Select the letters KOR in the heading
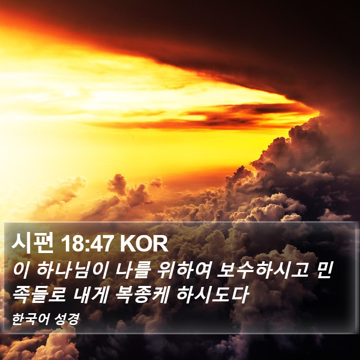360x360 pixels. (x=144, y=244)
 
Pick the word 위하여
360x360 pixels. (x=183, y=270)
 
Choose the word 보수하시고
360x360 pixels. (x=262, y=270)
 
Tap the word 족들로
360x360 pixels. (x=39, y=295)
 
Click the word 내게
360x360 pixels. (x=91, y=295)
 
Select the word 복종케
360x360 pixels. (x=142, y=295)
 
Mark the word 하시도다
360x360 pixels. (x=212, y=295)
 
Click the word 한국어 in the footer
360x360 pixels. (x=31, y=319)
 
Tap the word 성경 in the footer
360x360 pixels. (x=67, y=319)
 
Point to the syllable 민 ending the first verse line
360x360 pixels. (x=323, y=270)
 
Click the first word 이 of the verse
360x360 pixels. (x=21, y=270)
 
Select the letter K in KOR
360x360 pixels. (x=128, y=244)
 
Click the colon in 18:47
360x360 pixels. (x=87, y=245)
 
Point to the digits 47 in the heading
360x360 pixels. (x=101, y=244)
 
